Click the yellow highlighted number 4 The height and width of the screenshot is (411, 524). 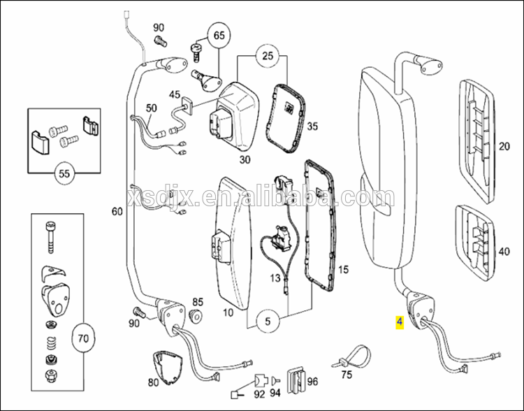click(x=399, y=322)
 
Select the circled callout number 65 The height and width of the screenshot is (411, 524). click(x=219, y=35)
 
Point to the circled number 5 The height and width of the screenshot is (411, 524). click(x=266, y=322)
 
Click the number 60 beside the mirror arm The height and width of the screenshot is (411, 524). click(x=117, y=210)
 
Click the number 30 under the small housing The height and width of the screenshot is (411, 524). click(x=245, y=160)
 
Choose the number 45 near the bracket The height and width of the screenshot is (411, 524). click(x=174, y=94)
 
